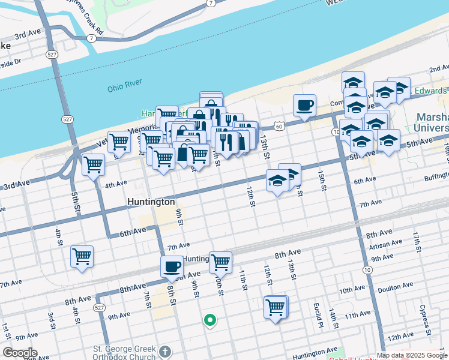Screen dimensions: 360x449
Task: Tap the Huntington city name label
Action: pos(151,202)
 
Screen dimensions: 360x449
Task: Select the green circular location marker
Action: pos(209,320)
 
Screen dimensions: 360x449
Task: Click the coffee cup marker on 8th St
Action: pos(172,266)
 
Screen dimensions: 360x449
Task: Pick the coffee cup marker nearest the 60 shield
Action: pos(304,105)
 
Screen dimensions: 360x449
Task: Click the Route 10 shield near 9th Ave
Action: pos(366,269)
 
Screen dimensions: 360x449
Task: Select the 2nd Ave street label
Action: pos(439,68)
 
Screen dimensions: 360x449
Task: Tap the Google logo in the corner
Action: pos(20,353)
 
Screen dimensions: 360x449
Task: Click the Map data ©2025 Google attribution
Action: pos(412,355)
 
